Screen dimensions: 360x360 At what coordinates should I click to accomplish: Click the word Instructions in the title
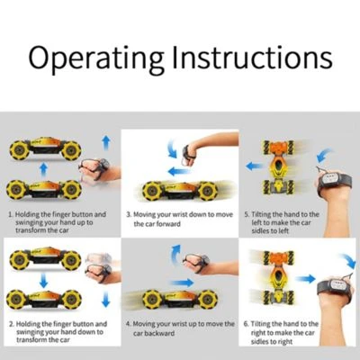tap(253, 57)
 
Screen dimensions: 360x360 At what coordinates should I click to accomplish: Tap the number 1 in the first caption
tap(11, 214)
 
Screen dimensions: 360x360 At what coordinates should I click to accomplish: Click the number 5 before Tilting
tap(247, 214)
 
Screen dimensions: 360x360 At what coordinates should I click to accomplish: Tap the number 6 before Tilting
tap(247, 324)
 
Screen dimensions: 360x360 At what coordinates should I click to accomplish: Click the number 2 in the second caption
tap(12, 324)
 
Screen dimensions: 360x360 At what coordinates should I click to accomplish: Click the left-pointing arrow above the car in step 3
tap(179, 172)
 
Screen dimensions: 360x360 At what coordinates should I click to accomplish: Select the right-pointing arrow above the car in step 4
tap(182, 283)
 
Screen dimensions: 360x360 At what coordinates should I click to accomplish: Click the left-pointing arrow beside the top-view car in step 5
tap(254, 166)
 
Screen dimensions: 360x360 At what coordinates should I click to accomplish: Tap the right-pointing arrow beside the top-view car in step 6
tap(305, 279)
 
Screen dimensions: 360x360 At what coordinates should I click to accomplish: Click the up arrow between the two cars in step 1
tap(44, 169)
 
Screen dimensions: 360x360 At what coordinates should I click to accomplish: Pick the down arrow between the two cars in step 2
tap(44, 280)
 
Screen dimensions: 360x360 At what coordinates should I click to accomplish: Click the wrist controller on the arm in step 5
tap(335, 180)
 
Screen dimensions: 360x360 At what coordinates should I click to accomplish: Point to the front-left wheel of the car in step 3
tap(151, 191)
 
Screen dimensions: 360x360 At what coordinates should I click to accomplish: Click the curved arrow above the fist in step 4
tap(175, 255)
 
